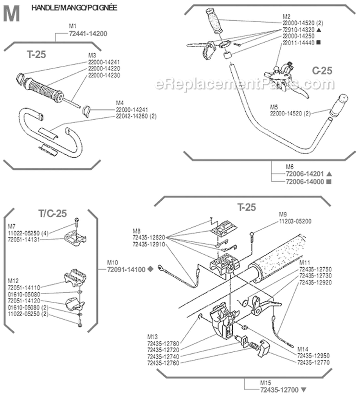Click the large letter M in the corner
tap(12, 14)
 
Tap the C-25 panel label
tap(322, 71)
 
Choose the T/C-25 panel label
tap(52, 213)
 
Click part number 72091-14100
tap(127, 269)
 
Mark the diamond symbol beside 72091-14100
tap(151, 269)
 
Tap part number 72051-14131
tap(23, 239)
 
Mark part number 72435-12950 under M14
tap(314, 355)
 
